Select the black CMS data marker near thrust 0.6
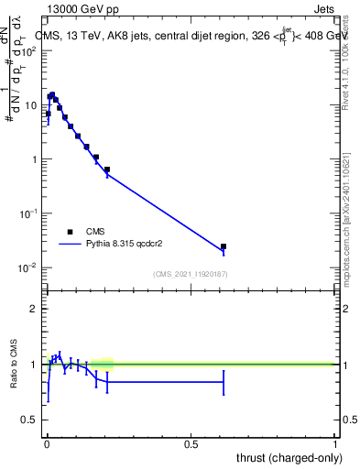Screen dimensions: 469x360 (x=224, y=246)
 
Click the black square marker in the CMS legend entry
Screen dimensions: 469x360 (x=70, y=232)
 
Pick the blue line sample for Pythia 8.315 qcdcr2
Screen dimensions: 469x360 (x=70, y=245)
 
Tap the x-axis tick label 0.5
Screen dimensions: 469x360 (x=191, y=444)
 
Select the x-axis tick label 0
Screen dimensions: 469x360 (x=47, y=444)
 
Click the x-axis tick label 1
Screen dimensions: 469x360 (x=335, y=444)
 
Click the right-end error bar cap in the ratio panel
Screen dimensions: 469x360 (x=224, y=382)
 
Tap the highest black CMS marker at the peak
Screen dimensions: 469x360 (x=52, y=94)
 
